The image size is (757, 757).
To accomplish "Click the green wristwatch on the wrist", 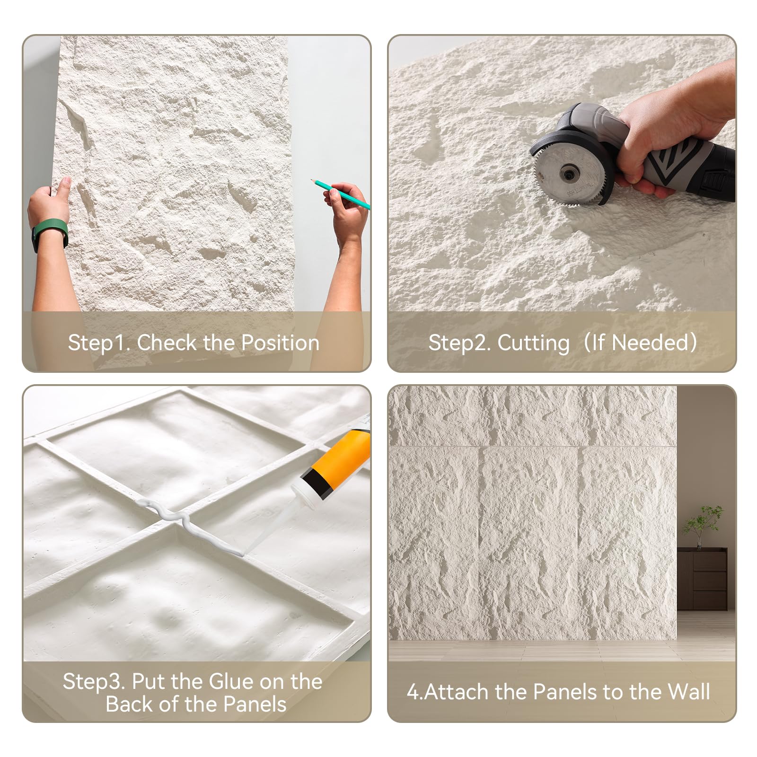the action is click(x=49, y=237).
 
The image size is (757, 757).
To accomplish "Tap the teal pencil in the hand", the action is click(x=340, y=194).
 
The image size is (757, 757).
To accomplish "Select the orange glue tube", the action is click(x=341, y=459).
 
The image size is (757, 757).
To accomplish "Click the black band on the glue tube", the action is click(x=317, y=483).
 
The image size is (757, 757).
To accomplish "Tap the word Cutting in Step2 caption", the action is click(x=534, y=343).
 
